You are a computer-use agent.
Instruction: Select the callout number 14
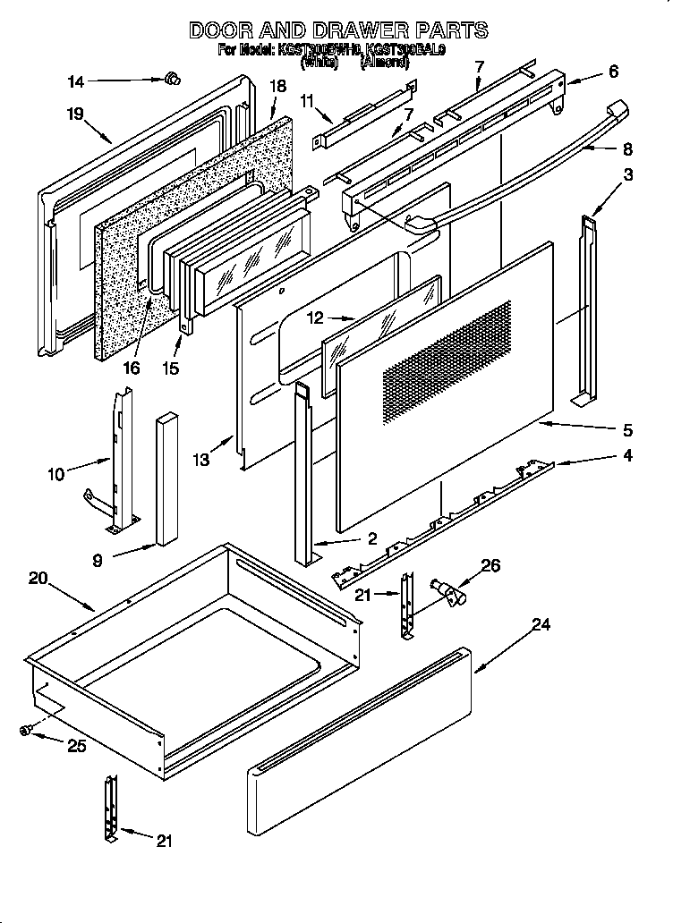[x=77, y=82]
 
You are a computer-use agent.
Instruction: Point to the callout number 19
[x=74, y=114]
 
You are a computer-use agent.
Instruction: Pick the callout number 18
[x=277, y=86]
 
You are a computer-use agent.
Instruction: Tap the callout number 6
[x=612, y=72]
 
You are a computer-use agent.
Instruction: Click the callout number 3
[x=628, y=175]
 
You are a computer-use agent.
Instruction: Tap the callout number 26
[x=490, y=565]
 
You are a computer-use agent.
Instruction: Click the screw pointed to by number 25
[x=27, y=731]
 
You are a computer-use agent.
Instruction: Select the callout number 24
[x=540, y=625]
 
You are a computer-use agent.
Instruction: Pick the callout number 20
[x=38, y=579]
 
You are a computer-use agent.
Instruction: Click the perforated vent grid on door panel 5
[x=447, y=363]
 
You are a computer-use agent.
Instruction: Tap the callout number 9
[x=97, y=562]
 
